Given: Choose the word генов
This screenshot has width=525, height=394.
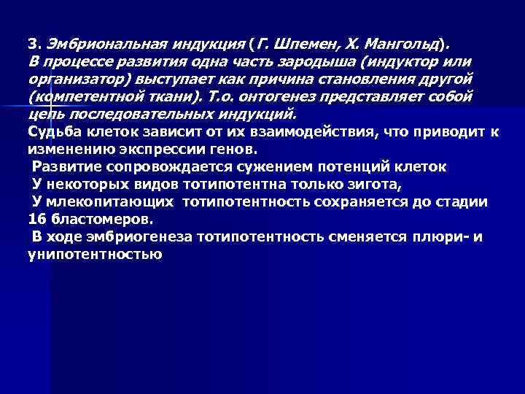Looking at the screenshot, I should tap(232, 150).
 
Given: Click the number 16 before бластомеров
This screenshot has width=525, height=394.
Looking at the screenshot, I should tap(36, 220).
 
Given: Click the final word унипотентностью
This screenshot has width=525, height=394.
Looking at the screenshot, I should tap(94, 255).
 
